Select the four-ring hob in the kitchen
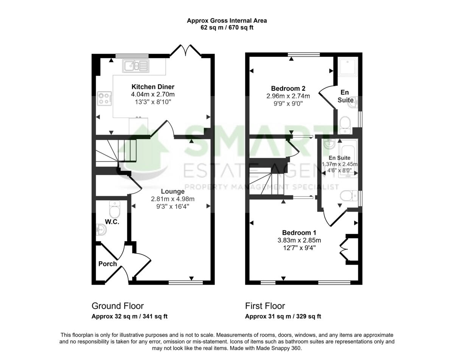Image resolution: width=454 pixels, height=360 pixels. point(103,99)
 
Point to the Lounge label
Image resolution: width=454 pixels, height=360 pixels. point(173,192)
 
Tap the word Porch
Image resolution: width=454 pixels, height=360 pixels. point(107,264)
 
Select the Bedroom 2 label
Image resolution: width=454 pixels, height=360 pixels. point(288,89)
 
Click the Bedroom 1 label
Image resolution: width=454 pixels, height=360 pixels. point(299,233)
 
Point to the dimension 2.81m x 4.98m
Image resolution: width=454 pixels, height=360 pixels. point(173,199)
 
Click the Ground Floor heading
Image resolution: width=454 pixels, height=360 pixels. point(118,306)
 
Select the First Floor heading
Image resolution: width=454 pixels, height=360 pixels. point(265,306)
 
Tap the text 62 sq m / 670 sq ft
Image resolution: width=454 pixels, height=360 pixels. point(227,28)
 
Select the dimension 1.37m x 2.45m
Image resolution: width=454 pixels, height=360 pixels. point(339,164)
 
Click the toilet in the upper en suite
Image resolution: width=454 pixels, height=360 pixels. point(345,124)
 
